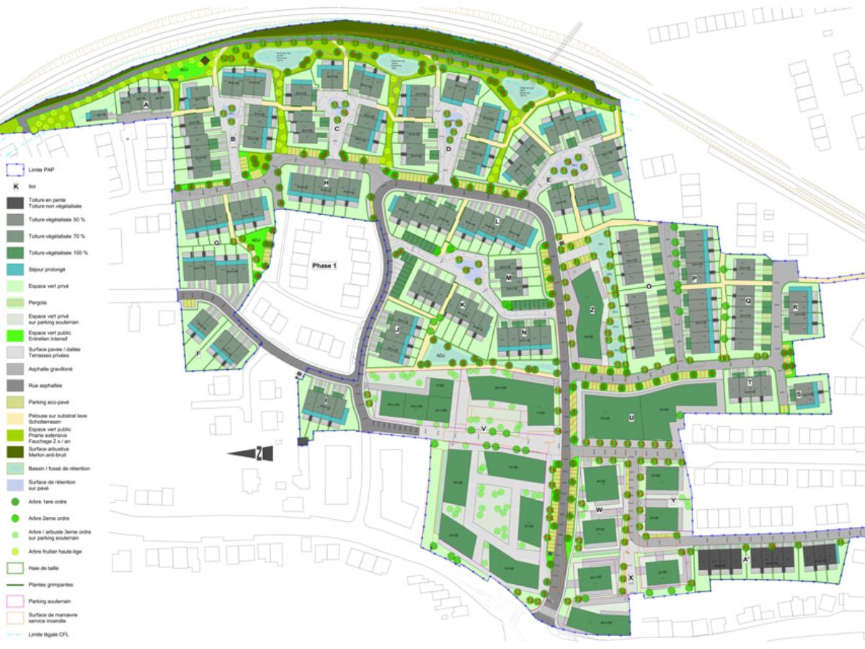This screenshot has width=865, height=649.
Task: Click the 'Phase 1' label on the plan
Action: coord(324,266)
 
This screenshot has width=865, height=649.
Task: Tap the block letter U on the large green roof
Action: coord(631,418)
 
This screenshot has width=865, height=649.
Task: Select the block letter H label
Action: coord(327,182)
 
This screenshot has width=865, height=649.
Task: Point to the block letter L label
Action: coord(497,221)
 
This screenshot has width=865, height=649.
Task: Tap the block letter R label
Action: coord(794,307)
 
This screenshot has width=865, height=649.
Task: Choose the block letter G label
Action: coord(217,243)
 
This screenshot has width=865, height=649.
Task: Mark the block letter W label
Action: coord(599,510)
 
